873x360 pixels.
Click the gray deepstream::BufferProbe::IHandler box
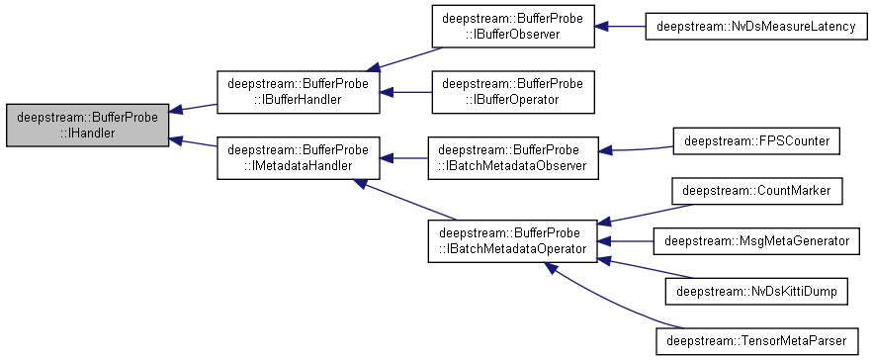pyautogui.click(x=86, y=125)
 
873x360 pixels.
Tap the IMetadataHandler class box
pyautogui.click(x=299, y=157)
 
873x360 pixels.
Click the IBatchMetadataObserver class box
pyautogui.click(x=512, y=157)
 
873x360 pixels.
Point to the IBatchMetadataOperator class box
pyautogui.click(x=512, y=240)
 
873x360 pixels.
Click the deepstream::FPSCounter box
pyautogui.click(x=756, y=142)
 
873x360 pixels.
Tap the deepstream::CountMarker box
pyautogui.click(x=756, y=190)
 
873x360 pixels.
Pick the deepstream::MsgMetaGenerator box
pyautogui.click(x=756, y=240)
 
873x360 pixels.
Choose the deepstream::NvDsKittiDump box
pyautogui.click(x=756, y=291)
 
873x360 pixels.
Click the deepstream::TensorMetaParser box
pyautogui.click(x=756, y=341)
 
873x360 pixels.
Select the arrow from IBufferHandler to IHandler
pyautogui.click(x=194, y=109)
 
